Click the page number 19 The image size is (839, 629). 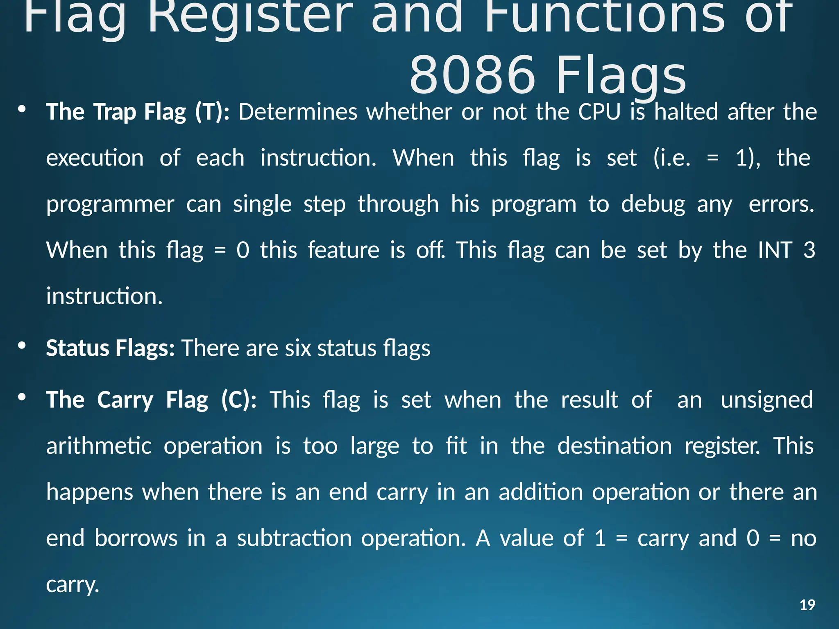(807, 605)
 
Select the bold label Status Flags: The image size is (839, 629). (110, 348)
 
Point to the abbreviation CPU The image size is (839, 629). (599, 112)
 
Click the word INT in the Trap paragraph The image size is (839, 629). (775, 250)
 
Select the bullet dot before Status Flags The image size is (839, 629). (22, 346)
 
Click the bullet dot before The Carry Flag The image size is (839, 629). (22, 397)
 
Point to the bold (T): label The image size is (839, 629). (212, 112)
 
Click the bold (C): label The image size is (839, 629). (239, 400)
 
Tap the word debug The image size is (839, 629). (653, 204)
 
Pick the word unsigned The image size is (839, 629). (766, 400)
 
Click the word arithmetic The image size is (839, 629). (99, 446)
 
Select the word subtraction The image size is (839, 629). (294, 538)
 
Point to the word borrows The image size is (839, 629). (136, 538)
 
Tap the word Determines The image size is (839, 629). (298, 112)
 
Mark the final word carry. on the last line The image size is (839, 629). (73, 585)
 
